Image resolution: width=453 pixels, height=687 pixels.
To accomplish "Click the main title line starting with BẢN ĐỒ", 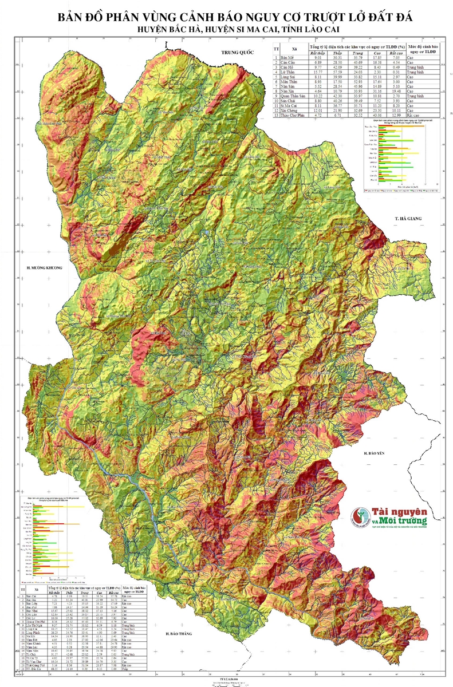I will click(226, 17).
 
